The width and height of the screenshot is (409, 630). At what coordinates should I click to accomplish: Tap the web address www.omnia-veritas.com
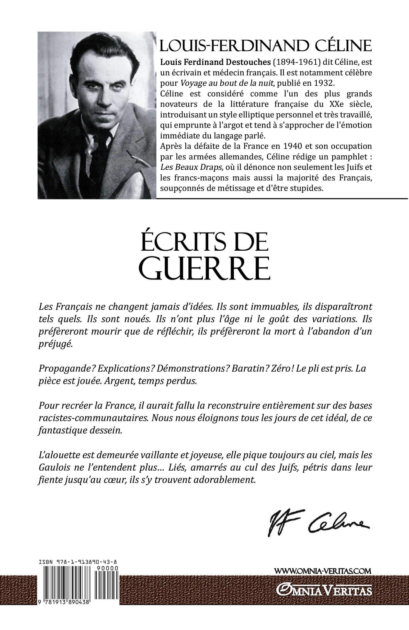[323, 578]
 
